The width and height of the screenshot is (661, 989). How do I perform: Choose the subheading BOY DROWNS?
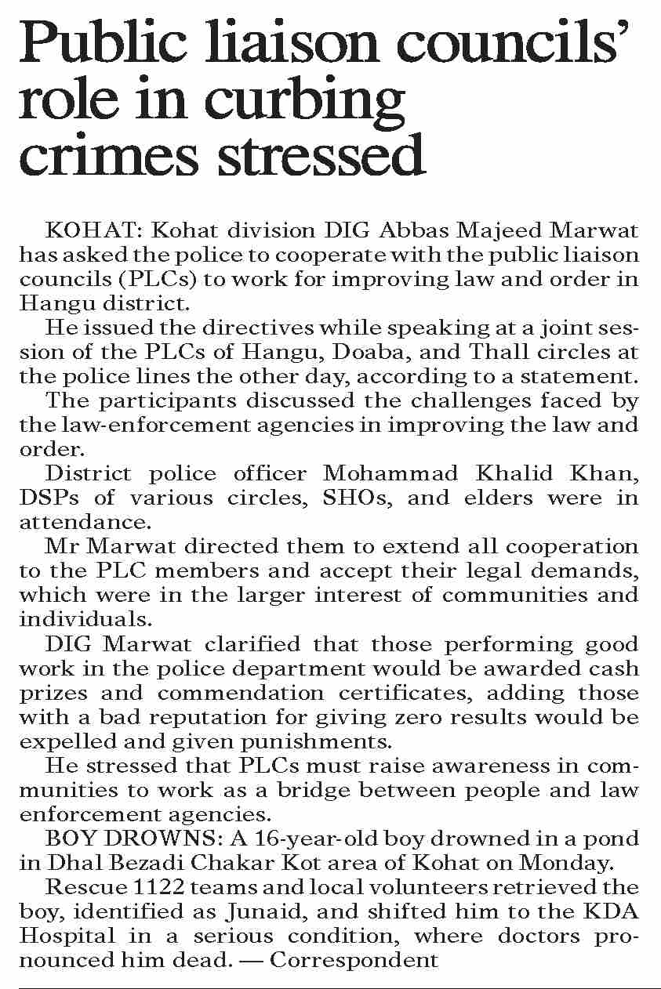coord(134,839)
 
